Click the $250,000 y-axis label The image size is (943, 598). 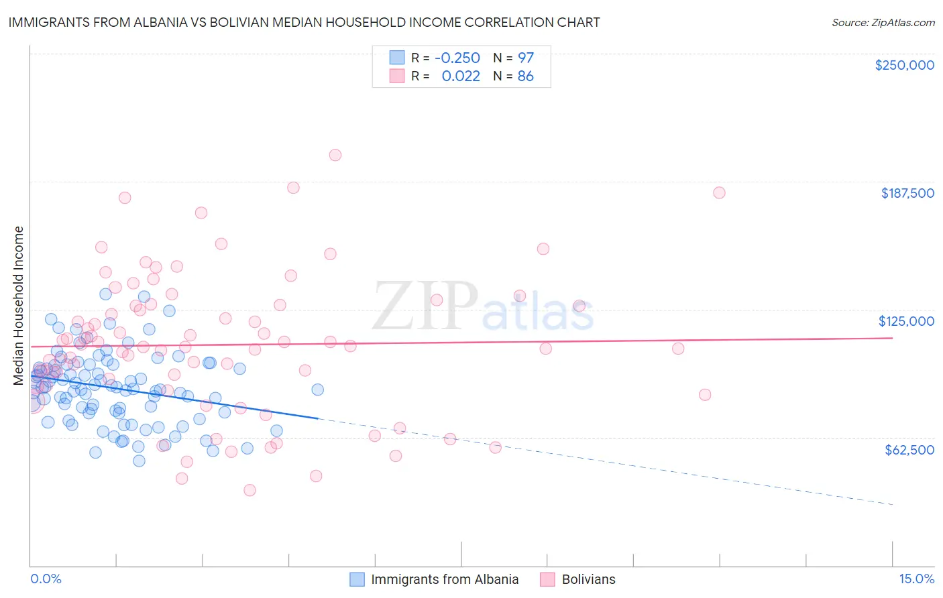pyautogui.click(x=904, y=65)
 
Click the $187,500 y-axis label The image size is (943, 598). pyautogui.click(x=907, y=193)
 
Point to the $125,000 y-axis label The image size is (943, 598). pyautogui.click(x=906, y=321)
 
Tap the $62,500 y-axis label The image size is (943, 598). pyautogui.click(x=909, y=449)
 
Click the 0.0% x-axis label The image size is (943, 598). pyautogui.click(x=46, y=579)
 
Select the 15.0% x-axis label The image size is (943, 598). pyautogui.click(x=916, y=579)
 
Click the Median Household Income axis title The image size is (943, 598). pyautogui.click(x=18, y=306)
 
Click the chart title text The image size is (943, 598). pyautogui.click(x=304, y=22)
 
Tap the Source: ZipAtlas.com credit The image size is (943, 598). pyautogui.click(x=883, y=22)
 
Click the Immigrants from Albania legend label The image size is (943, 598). pyautogui.click(x=445, y=579)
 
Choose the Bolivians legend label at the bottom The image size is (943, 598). pyautogui.click(x=588, y=579)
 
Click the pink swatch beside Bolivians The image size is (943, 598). pyautogui.click(x=547, y=579)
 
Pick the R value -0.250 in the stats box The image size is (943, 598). pyautogui.click(x=457, y=58)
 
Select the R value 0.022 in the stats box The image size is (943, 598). pyautogui.click(x=461, y=76)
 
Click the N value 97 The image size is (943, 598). pyautogui.click(x=525, y=58)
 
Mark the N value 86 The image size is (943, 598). pyautogui.click(x=525, y=76)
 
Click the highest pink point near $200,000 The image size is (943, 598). pyautogui.click(x=335, y=155)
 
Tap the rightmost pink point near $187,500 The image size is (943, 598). pyautogui.click(x=719, y=192)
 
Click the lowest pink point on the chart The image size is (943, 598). pyautogui.click(x=249, y=490)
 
